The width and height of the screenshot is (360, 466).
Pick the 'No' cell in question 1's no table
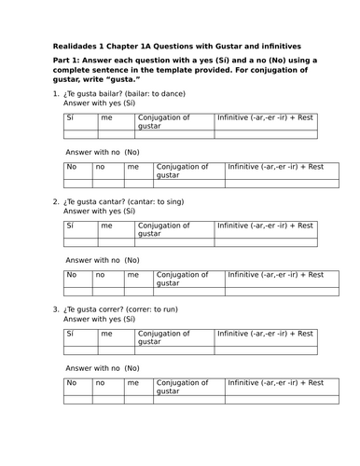coord(73,167)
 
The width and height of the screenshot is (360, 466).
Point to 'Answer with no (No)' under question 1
coord(103,152)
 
